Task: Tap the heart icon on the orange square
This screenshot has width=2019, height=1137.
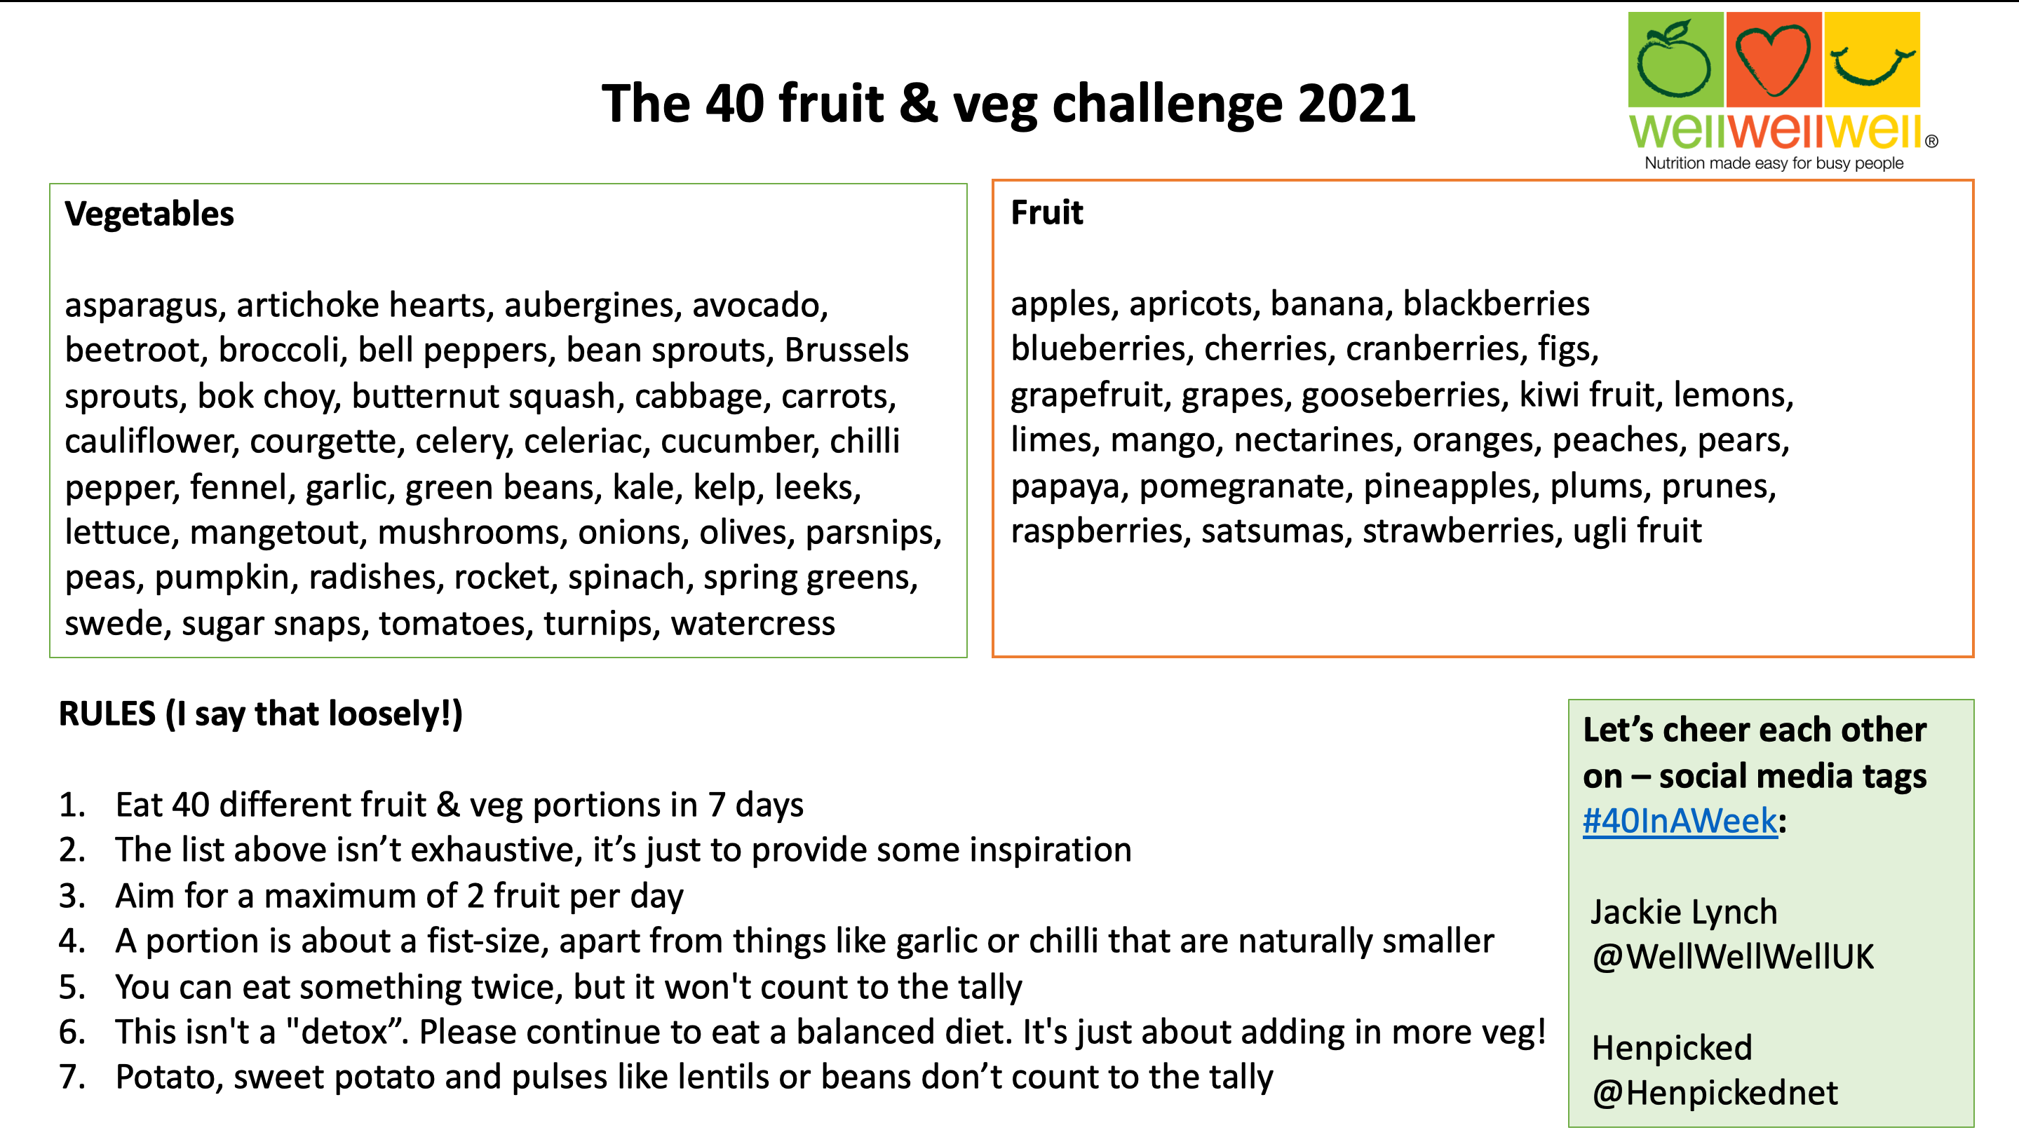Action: (x=1772, y=60)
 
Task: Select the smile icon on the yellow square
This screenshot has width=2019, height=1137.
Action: (x=1872, y=66)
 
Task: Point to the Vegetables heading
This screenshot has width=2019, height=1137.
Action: (x=149, y=214)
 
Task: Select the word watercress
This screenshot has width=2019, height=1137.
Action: (x=752, y=624)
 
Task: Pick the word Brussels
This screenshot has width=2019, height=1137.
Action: (x=846, y=350)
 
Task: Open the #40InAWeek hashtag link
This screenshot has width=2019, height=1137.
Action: (x=1680, y=822)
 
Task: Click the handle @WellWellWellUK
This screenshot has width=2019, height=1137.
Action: (x=1733, y=957)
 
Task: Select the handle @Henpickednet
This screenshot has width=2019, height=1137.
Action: (x=1714, y=1093)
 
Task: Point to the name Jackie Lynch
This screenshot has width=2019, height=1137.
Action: (x=1684, y=913)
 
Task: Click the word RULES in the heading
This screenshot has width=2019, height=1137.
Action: (x=107, y=714)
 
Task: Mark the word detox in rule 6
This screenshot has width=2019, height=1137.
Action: (x=345, y=1033)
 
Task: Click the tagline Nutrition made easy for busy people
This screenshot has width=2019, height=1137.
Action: (x=1774, y=163)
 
